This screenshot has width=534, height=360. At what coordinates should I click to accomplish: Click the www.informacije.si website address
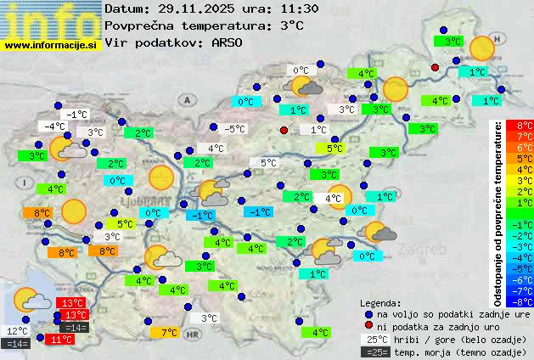coord(52,44)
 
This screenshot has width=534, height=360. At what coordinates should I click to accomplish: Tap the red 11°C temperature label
coord(60,339)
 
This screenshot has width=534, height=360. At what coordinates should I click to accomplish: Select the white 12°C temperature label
coord(17,330)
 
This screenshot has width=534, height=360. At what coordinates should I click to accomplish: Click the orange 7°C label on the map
coord(169,333)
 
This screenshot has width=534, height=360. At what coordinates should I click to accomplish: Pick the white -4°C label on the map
coord(56,127)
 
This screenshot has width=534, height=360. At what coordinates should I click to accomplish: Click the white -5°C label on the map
coord(234,129)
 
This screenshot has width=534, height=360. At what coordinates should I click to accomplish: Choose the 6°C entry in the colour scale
coord(525,147)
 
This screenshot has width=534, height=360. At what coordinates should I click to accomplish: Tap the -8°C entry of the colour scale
coord(525,301)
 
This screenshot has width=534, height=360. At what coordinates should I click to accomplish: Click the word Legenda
coord(380,302)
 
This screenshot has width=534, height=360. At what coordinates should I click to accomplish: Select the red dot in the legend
coord(368,326)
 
